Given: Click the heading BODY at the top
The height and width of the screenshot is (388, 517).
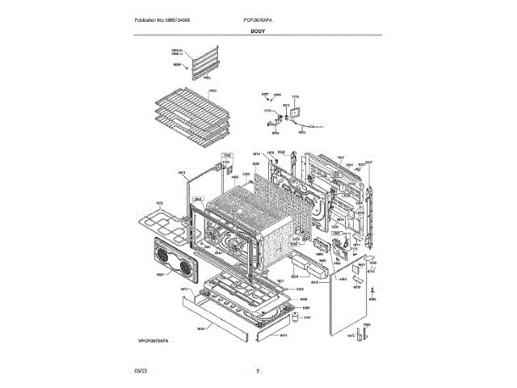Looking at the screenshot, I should pyautogui.click(x=258, y=31).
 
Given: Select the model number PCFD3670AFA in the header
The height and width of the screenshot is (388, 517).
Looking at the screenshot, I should pyautogui.click(x=258, y=19).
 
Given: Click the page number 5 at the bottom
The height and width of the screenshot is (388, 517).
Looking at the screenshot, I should pyautogui.click(x=258, y=371).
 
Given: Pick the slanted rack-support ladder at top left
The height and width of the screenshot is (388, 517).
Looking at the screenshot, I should pyautogui.click(x=203, y=63).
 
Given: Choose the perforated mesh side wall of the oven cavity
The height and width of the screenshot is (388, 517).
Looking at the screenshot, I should pyautogui.click(x=283, y=218).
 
